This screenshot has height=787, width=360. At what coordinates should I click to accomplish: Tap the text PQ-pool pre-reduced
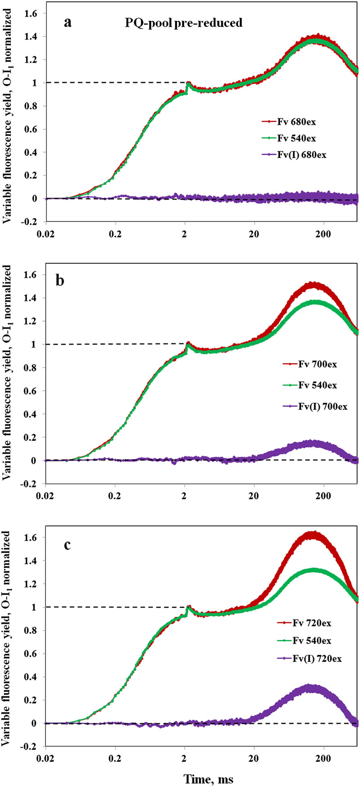[x=184, y=23]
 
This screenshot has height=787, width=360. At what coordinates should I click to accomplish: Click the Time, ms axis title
[x=208, y=778]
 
